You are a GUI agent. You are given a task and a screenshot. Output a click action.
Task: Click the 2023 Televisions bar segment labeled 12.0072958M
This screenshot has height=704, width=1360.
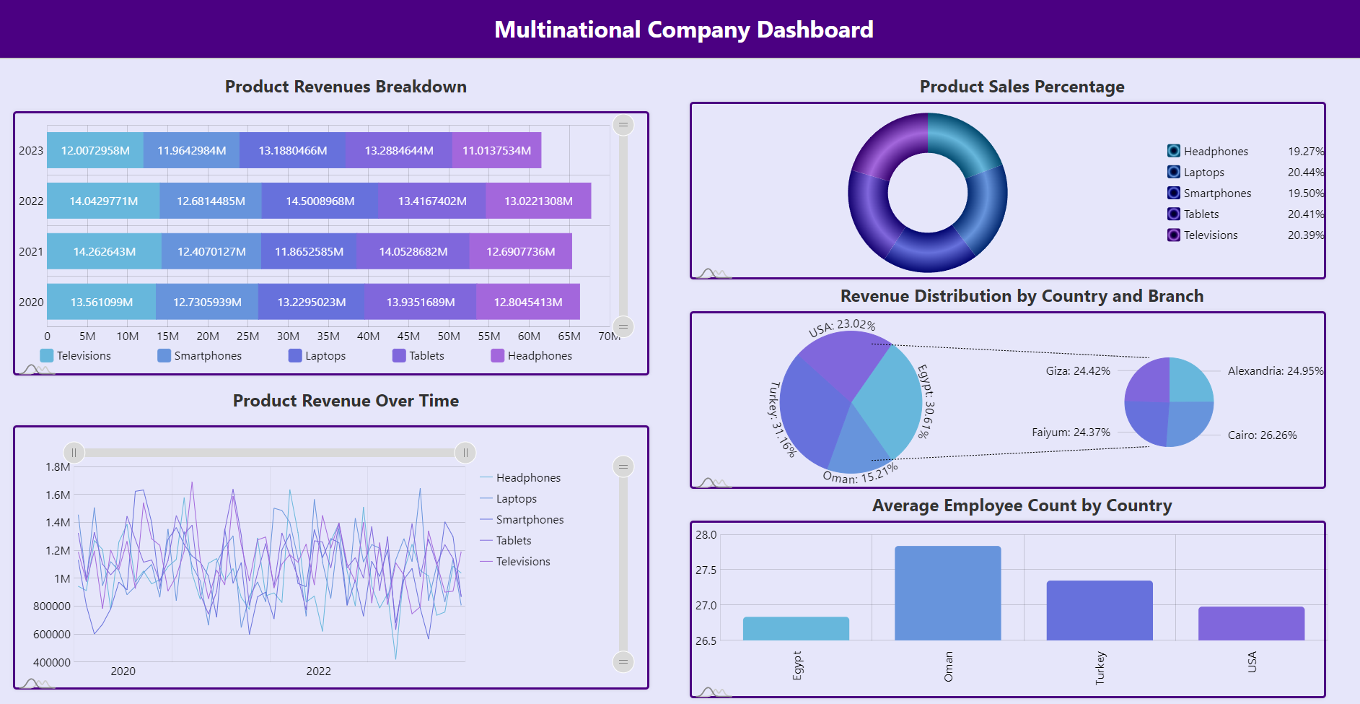[95, 150]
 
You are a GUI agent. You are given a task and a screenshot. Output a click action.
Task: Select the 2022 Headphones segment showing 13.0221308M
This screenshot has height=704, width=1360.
[538, 201]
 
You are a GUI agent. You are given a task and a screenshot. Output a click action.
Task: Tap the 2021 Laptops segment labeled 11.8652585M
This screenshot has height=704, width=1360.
[309, 251]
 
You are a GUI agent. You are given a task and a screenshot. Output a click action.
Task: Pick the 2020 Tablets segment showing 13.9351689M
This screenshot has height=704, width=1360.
[421, 302]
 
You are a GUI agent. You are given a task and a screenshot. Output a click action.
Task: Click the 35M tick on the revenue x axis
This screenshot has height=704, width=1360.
[328, 336]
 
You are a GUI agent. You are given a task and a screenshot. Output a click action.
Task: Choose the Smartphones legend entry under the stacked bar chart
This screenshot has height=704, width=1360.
[200, 356]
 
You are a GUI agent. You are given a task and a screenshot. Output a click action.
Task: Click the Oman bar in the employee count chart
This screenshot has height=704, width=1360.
[947, 593]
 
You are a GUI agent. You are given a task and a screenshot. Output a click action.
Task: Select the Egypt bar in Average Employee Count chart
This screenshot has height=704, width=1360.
[796, 628]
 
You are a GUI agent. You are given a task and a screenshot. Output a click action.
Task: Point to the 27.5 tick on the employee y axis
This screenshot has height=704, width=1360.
[706, 570]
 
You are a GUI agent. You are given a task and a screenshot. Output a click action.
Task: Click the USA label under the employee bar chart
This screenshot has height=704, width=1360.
[1252, 662]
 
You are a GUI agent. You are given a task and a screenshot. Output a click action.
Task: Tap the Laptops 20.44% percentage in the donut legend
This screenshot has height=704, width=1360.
[1305, 173]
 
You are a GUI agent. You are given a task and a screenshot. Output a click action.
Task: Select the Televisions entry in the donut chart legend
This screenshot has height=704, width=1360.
[1210, 235]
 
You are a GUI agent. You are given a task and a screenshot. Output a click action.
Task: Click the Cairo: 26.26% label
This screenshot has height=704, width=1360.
[1262, 435]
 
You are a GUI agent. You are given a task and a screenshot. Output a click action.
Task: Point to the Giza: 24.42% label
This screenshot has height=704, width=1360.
[1078, 371]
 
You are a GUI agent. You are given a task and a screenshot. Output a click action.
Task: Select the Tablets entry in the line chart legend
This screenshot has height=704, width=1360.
[513, 541]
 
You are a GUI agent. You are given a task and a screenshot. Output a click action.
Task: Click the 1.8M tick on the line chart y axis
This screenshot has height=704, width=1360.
[58, 467]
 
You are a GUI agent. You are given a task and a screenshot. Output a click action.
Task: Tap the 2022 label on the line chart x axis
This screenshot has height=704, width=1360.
[318, 672]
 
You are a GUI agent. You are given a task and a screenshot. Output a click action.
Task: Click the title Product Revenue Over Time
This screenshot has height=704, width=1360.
[346, 401]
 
